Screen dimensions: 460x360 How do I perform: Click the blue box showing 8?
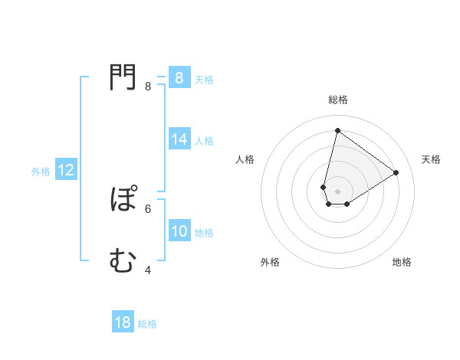coord(179,78)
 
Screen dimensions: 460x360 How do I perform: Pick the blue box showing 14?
coord(179,139)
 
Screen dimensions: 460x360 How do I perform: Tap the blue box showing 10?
coord(179,231)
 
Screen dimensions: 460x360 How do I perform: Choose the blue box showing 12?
coord(66,170)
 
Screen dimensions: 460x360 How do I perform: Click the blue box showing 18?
coord(123,322)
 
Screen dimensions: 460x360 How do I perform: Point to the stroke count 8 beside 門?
coord(148,87)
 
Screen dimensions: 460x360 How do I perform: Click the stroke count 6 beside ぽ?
coord(148,208)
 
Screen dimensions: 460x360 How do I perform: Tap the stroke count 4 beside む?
coord(148,270)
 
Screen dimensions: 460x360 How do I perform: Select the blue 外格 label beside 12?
coord(41,172)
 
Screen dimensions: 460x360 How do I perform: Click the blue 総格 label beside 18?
coord(147,324)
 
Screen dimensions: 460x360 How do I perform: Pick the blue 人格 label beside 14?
coord(204,141)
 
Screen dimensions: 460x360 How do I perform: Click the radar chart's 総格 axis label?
coord(337,100)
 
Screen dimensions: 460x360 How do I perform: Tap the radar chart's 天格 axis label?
coord(431,159)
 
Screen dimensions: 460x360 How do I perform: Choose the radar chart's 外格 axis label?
coord(270,262)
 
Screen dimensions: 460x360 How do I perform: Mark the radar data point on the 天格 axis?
coord(396,172)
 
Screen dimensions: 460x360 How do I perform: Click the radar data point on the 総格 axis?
coord(337,130)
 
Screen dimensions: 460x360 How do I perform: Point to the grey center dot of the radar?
coord(337,191)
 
